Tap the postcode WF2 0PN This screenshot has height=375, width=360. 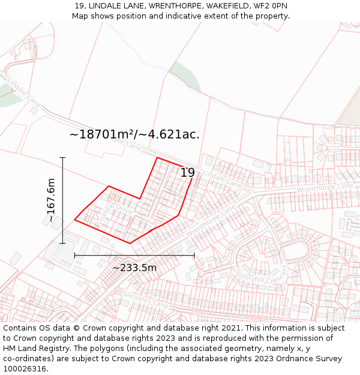pyautogui.click(x=270, y=6)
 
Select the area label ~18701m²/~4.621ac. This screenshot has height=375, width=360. pyautogui.click(x=134, y=134)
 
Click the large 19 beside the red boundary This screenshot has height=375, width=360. pyautogui.click(x=188, y=173)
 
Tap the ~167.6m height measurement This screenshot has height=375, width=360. pyautogui.click(x=52, y=200)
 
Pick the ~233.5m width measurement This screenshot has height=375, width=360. pyautogui.click(x=134, y=268)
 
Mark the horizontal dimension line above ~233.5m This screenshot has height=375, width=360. pyautogui.click(x=134, y=256)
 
